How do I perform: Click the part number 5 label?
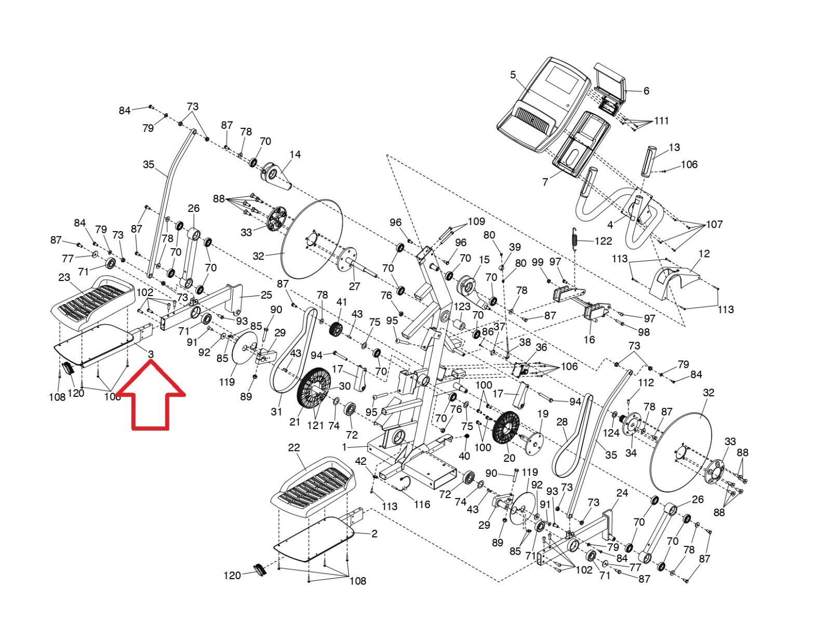513,75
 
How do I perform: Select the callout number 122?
603,241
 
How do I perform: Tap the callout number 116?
422,504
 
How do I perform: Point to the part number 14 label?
295,154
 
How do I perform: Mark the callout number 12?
704,254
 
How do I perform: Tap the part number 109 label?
476,222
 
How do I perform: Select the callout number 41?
341,302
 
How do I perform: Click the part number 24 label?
622,492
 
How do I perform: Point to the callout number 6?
646,91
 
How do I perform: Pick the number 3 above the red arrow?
151,354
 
